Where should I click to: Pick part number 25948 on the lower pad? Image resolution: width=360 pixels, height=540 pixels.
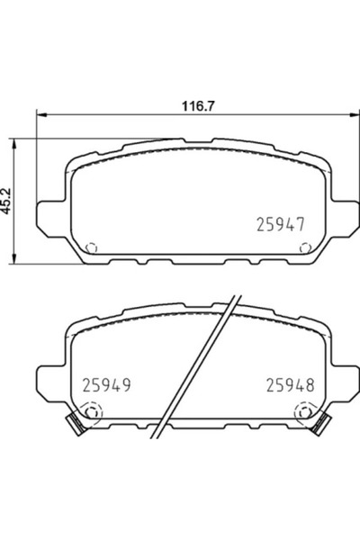[291, 385]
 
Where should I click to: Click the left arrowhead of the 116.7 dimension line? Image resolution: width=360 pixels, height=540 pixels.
[38, 114]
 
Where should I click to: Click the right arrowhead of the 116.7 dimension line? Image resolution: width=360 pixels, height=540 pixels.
[346, 114]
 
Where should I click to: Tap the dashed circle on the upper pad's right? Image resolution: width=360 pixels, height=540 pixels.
[301, 248]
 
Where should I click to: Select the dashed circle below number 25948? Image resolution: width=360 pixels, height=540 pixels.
[303, 413]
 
